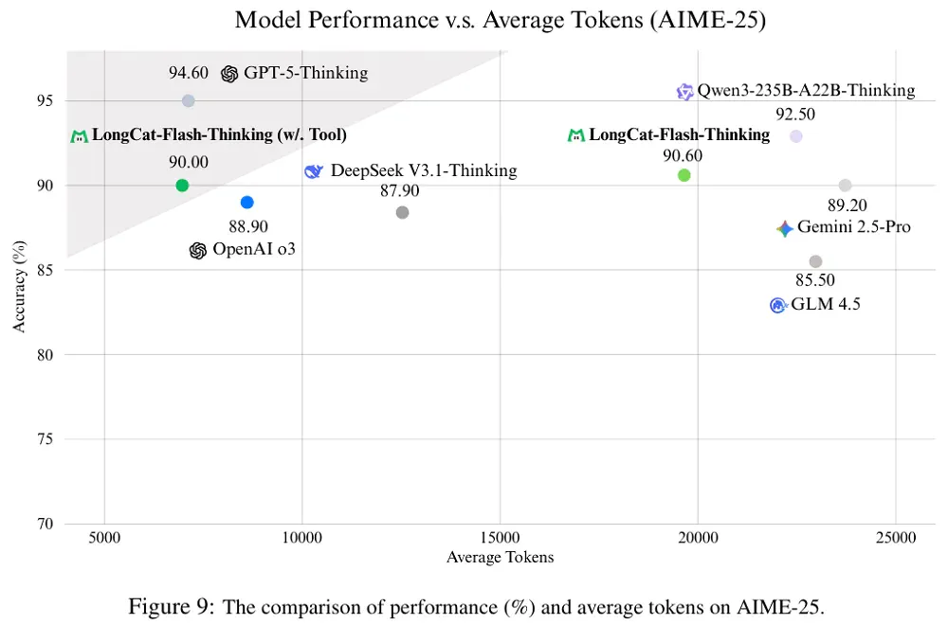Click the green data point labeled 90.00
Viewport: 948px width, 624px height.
pos(182,186)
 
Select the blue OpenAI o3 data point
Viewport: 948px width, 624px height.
pos(246,203)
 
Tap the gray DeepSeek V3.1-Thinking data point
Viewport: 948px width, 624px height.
pos(402,213)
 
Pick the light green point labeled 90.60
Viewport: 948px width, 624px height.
pos(684,175)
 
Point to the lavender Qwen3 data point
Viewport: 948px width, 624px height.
pos(795,136)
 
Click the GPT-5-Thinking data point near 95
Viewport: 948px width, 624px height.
pos(188,101)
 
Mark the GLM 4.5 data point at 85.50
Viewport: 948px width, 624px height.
pos(815,261)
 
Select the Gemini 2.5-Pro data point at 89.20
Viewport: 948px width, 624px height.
pos(845,186)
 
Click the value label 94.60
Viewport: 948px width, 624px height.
pos(188,73)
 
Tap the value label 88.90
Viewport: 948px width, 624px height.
pos(247,226)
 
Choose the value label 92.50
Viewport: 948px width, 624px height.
pos(795,115)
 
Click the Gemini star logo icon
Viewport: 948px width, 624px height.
pos(784,228)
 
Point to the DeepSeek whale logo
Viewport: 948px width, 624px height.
pos(313,171)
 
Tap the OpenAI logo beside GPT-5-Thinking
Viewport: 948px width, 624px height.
pos(229,74)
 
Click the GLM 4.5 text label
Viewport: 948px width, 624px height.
pos(826,304)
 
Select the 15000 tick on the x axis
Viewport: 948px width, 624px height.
pos(500,538)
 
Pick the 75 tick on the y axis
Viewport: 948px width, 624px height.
pos(46,439)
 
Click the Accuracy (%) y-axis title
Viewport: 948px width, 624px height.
pos(19,286)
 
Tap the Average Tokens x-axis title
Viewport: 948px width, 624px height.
pos(500,557)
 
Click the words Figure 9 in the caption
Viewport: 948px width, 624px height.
pos(171,606)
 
